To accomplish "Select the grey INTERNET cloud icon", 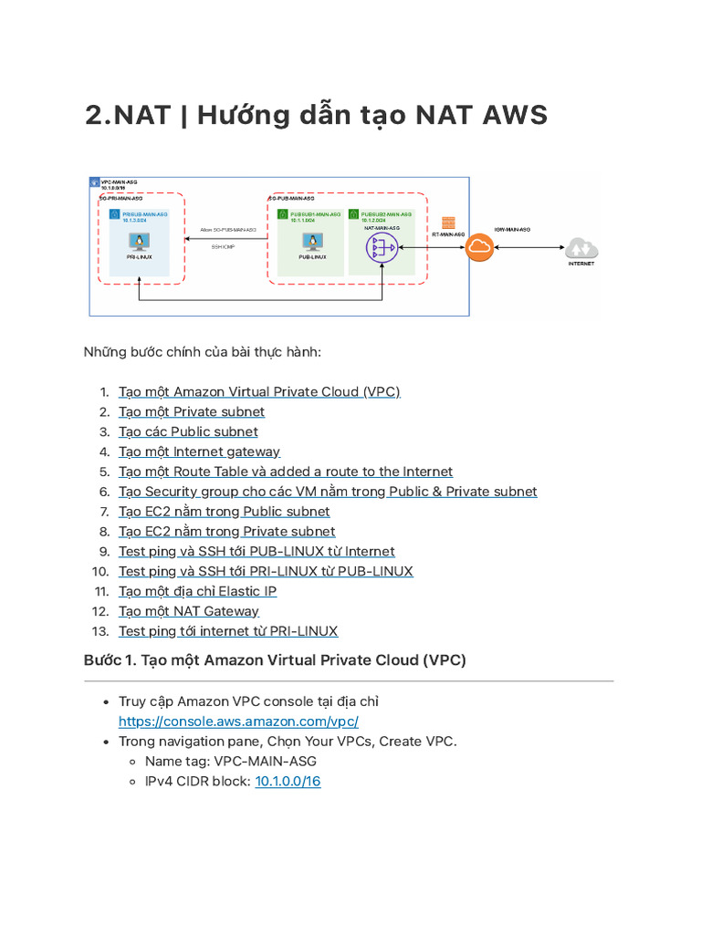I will pos(581,247).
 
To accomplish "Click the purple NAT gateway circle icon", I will pos(381,247).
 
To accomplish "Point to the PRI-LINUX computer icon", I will pos(140,242).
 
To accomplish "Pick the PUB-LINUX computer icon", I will pos(313,242).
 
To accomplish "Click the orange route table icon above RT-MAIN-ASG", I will pos(448,223).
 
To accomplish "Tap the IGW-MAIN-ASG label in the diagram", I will pos(512,230).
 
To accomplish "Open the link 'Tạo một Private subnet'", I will pos(192,411).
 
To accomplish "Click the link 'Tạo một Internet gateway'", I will pos(199,451).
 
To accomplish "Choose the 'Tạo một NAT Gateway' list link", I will pos(189,611).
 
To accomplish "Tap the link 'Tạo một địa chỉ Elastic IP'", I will pos(197,591).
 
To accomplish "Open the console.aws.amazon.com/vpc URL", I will pos(232,721).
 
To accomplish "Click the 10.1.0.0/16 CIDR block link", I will pos(288,781).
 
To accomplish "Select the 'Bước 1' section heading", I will pos(275,659).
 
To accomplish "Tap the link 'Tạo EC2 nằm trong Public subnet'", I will pos(224,512).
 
